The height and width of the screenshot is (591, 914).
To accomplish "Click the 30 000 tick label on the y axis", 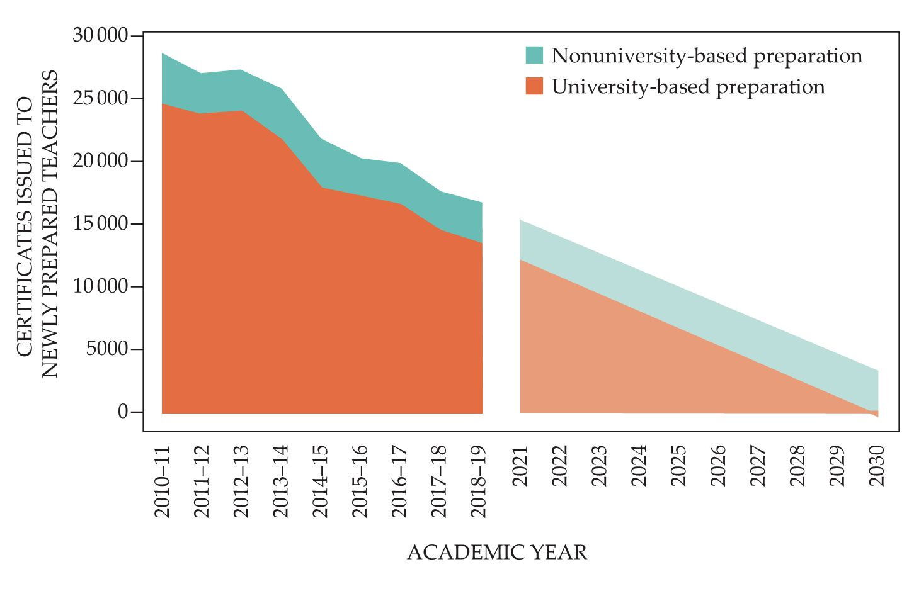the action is click(100, 35).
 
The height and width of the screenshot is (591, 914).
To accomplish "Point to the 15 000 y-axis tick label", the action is click(100, 224).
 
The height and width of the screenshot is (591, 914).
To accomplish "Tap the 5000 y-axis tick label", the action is click(107, 349).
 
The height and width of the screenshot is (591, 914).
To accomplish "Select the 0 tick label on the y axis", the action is click(123, 412).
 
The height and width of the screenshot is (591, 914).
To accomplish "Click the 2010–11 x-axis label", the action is click(163, 481).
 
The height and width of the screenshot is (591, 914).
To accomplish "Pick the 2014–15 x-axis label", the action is click(320, 481).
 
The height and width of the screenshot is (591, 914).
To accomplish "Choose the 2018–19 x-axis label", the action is click(479, 481).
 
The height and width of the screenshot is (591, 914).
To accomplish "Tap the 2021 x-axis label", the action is click(520, 466).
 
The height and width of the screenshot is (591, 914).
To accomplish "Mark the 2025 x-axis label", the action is click(678, 466).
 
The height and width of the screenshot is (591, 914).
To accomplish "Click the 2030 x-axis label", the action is click(877, 466).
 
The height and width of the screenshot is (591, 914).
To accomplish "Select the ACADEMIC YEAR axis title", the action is click(497, 553).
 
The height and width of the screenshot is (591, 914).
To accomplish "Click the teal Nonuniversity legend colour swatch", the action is click(534, 55).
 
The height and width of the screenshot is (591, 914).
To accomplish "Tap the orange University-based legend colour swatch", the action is click(534, 86).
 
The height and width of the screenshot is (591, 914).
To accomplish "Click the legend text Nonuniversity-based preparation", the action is click(707, 56).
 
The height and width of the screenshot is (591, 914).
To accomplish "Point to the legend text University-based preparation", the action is click(688, 87).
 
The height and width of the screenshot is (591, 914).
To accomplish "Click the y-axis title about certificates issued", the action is click(38, 224).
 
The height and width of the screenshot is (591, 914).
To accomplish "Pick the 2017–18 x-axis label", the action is click(439, 481).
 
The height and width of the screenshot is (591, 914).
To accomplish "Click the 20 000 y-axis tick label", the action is click(100, 161).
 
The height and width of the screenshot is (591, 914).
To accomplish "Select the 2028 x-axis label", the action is click(797, 466).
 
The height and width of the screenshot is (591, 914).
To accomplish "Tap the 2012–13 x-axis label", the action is click(241, 481).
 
